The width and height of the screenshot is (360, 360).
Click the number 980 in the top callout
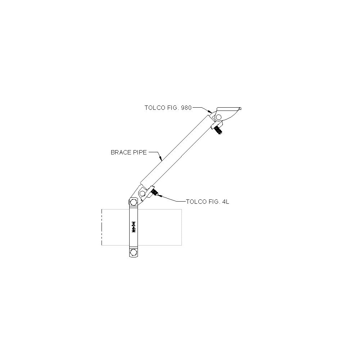click(186, 108)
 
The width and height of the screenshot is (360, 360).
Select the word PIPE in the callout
click(139, 152)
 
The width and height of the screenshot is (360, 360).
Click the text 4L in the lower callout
click(226, 202)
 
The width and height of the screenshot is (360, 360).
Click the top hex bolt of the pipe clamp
click(133, 202)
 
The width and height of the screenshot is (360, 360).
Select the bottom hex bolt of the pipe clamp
click(133, 253)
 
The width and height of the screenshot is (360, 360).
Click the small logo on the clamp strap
click(133, 227)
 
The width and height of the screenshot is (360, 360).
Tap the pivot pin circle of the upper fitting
click(219, 117)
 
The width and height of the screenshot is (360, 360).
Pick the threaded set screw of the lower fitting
click(154, 192)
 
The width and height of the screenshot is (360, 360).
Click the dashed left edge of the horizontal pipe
click(102, 227)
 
